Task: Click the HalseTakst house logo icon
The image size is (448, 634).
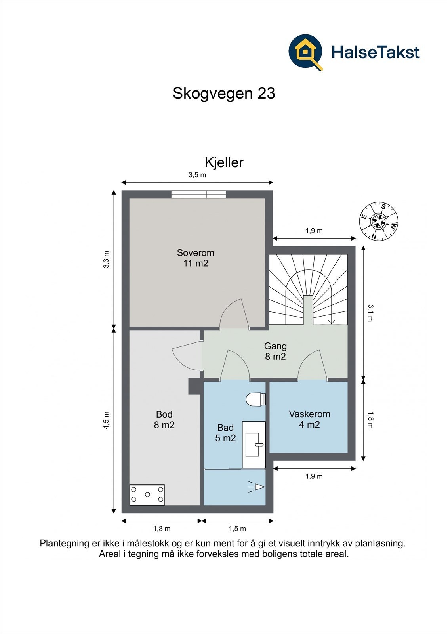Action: pyautogui.click(x=305, y=52)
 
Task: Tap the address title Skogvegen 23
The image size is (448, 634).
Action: pyautogui.click(x=224, y=94)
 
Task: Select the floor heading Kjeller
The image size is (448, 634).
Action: pyautogui.click(x=224, y=163)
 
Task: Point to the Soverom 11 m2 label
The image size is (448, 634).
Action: pyautogui.click(x=196, y=258)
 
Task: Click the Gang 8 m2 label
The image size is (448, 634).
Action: pyautogui.click(x=275, y=351)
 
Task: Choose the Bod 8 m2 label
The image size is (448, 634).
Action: pyautogui.click(x=164, y=420)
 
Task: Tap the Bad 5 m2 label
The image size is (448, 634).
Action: pyautogui.click(x=225, y=432)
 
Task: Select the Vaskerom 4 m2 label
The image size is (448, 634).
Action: pyautogui.click(x=309, y=419)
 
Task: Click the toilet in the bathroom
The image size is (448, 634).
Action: pyautogui.click(x=255, y=399)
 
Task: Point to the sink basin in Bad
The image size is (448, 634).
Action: pyautogui.click(x=253, y=444)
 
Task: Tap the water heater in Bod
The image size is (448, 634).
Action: pyautogui.click(x=147, y=495)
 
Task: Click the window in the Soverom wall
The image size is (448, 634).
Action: pyautogui.click(x=198, y=194)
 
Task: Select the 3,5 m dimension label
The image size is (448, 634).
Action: pyautogui.click(x=197, y=175)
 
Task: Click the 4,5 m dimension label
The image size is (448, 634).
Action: pyautogui.click(x=106, y=420)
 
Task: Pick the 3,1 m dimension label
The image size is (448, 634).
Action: pyautogui.click(x=370, y=313)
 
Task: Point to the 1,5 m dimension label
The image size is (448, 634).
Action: pyautogui.click(x=237, y=529)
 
